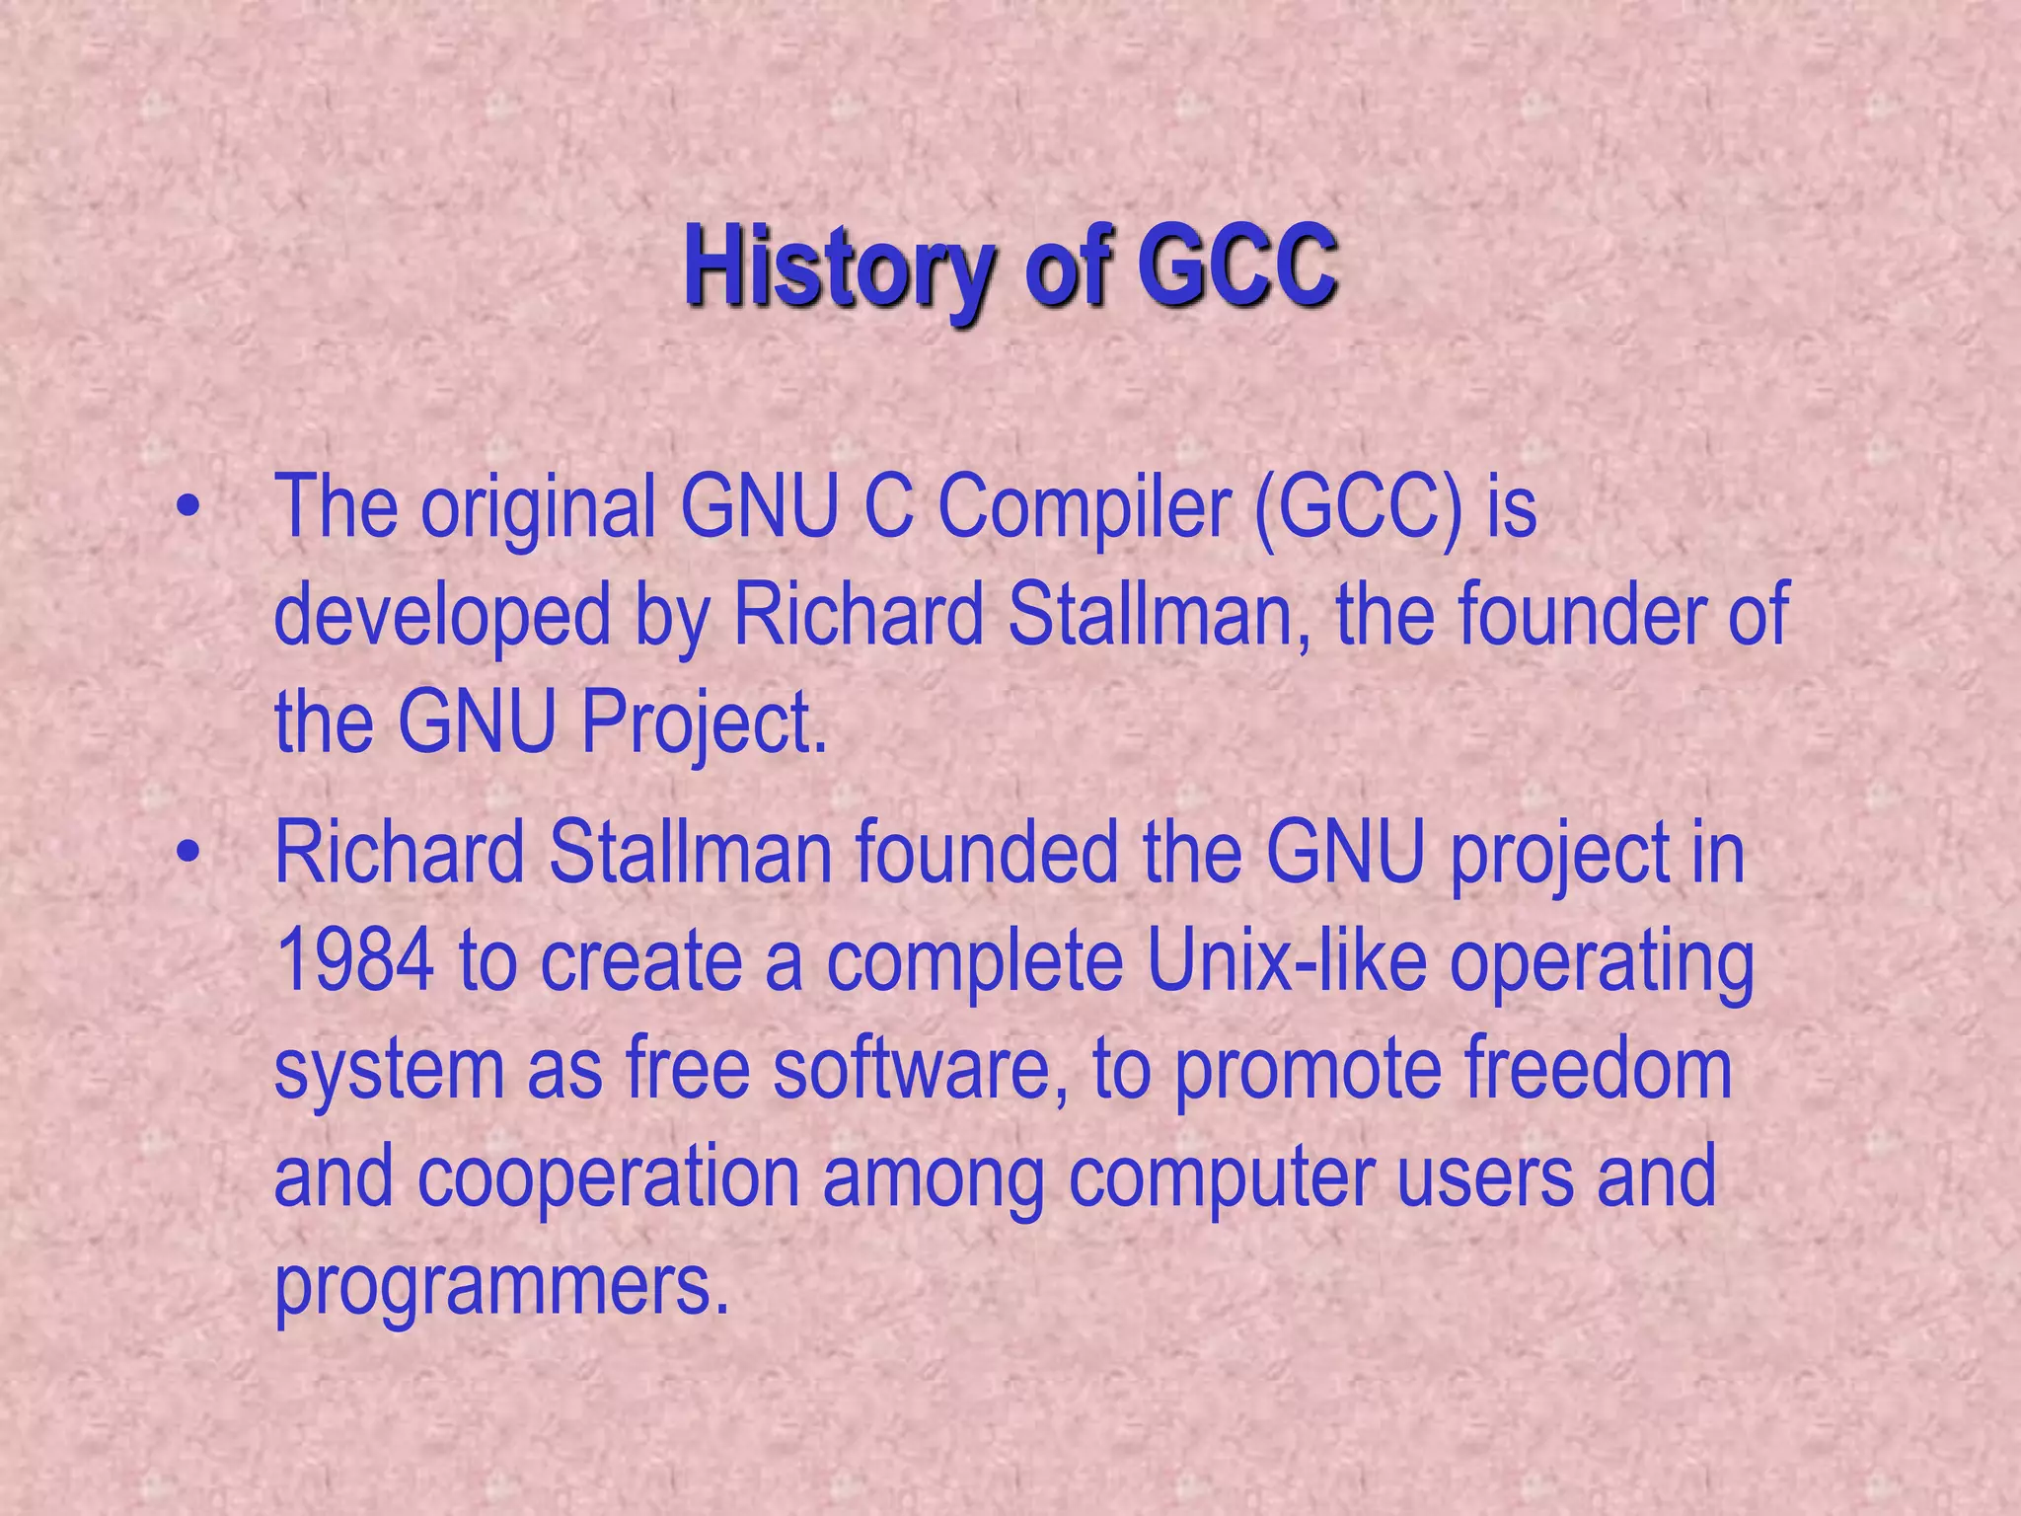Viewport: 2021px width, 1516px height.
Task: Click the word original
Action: click(x=539, y=508)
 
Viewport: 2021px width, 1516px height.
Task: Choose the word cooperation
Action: click(x=608, y=1178)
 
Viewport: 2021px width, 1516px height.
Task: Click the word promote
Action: click(x=1307, y=1072)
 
